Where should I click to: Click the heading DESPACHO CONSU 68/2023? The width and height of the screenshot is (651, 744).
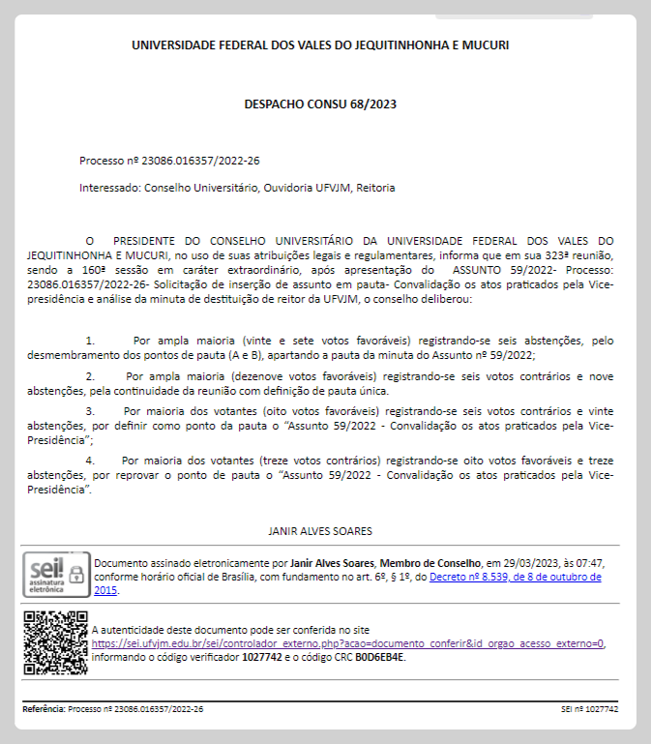click(320, 104)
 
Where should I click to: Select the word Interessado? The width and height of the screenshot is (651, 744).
click(109, 188)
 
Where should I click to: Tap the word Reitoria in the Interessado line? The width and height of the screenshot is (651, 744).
click(375, 188)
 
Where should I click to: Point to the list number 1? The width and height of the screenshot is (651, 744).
click(90, 341)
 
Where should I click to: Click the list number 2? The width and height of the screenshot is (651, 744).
click(90, 374)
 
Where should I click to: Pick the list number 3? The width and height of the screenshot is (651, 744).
click(90, 409)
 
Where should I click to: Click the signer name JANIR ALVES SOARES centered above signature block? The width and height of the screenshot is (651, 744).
click(319, 531)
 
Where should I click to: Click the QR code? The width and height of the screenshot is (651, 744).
click(55, 642)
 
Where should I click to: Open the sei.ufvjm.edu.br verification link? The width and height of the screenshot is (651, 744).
click(348, 643)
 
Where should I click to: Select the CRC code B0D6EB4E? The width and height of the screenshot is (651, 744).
click(381, 657)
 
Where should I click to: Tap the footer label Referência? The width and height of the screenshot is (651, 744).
click(44, 709)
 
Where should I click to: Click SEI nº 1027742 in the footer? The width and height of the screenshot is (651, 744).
click(589, 709)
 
